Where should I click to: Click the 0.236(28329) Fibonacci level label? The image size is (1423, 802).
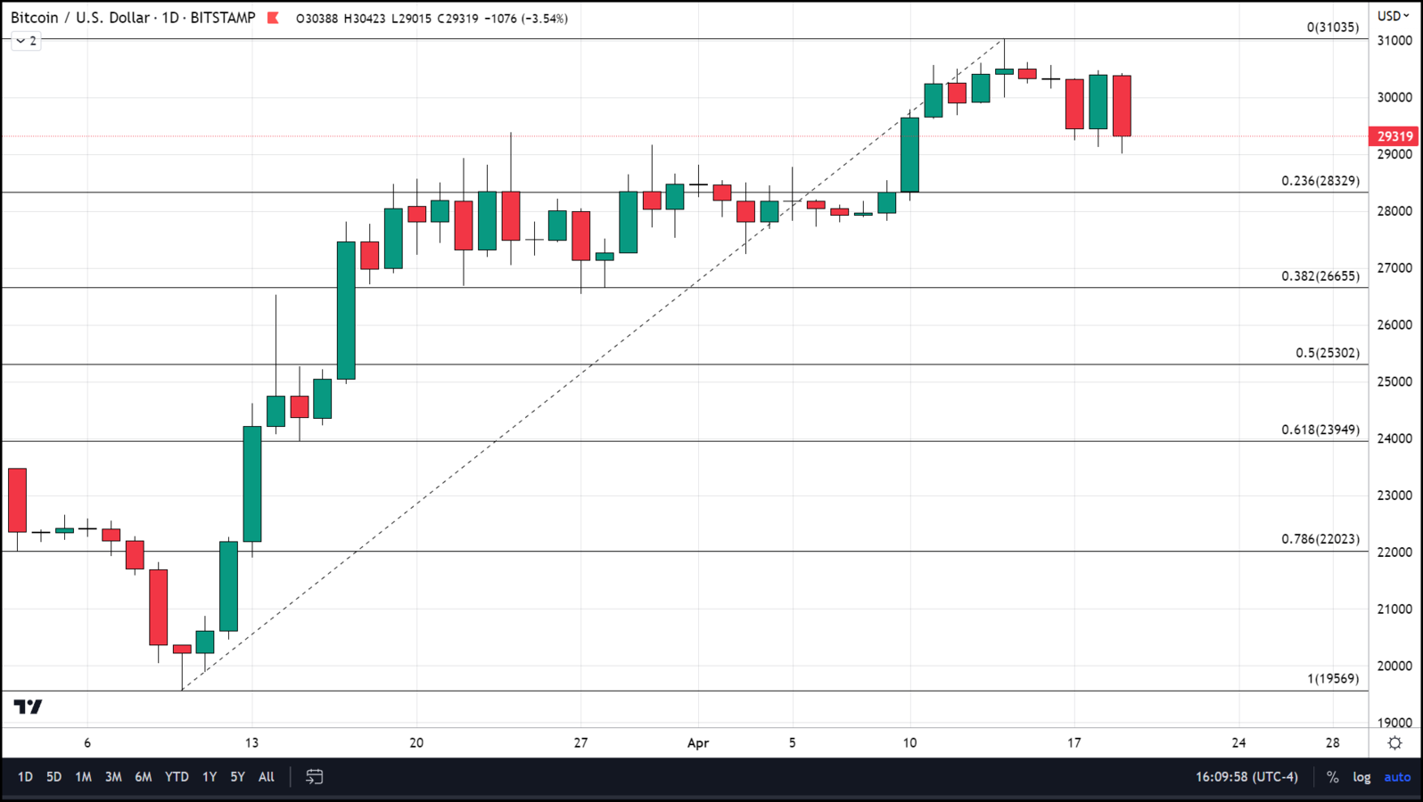click(1320, 181)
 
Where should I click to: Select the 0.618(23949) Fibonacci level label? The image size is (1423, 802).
click(1320, 430)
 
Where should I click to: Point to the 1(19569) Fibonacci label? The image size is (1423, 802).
click(1332, 678)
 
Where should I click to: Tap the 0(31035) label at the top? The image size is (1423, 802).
click(1332, 28)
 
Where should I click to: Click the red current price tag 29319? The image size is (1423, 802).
click(1394, 136)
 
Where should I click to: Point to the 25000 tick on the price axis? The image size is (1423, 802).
click(1394, 381)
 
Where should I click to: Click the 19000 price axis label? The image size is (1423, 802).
click(1394, 723)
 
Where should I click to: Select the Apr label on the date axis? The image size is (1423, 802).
click(697, 742)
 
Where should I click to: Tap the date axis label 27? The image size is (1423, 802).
click(580, 742)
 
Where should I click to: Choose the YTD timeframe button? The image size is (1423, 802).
click(177, 777)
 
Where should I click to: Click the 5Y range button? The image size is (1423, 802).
click(237, 777)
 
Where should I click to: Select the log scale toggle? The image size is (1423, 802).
click(1361, 777)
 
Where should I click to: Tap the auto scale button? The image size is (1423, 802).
click(1396, 777)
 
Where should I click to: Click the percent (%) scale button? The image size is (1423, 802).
click(1332, 777)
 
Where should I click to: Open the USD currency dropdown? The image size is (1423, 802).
click(1393, 16)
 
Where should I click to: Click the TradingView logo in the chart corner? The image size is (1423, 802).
click(28, 707)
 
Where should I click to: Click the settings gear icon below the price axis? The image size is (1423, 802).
click(1394, 743)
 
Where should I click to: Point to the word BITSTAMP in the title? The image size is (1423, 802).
click(223, 18)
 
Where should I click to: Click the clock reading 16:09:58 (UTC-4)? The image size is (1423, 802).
click(1246, 777)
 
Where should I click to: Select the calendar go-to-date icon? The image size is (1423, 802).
click(314, 777)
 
